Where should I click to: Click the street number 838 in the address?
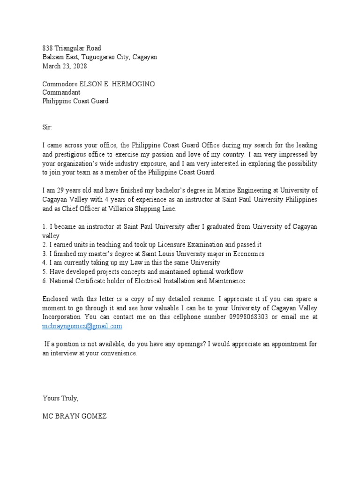47,48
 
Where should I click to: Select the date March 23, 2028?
65,66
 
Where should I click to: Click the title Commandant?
61,93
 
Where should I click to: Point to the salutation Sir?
48,127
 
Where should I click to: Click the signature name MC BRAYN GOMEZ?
75,416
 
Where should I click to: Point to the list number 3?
44,254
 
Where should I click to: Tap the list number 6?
44,281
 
